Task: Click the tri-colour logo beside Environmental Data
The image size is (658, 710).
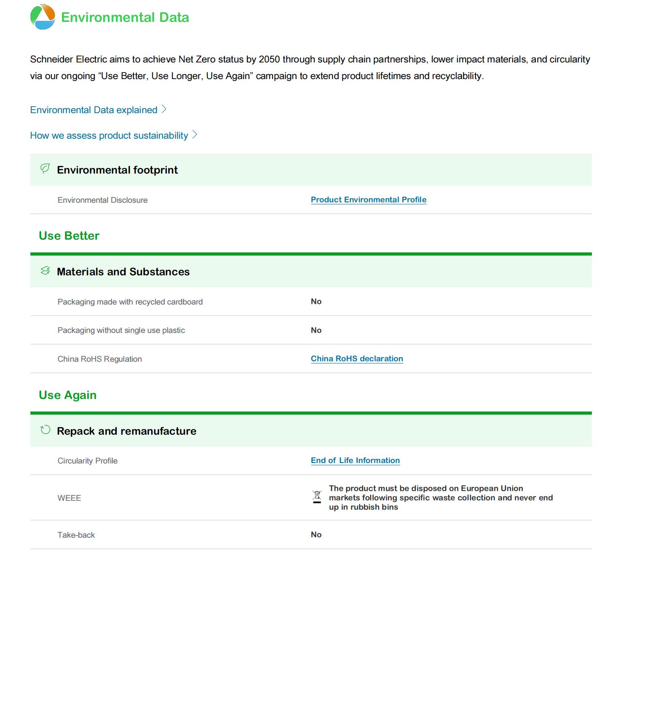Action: tap(43, 17)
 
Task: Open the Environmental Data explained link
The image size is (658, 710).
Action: tap(94, 110)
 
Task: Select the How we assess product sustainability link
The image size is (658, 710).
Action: tap(109, 135)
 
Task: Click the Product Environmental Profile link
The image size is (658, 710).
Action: tap(368, 199)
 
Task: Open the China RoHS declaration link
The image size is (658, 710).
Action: tap(357, 358)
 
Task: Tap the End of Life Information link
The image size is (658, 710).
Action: tap(355, 460)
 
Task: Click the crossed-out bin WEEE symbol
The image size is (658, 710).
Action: tap(317, 497)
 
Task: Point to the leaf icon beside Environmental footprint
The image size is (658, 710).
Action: tap(45, 168)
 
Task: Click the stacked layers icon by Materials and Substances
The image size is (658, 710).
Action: tap(45, 270)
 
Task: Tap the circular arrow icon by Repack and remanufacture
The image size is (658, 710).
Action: tap(45, 430)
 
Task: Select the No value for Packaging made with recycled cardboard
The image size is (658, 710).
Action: tap(316, 301)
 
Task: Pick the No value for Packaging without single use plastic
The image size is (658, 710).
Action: tap(316, 330)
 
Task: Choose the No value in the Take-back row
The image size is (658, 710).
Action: tap(316, 534)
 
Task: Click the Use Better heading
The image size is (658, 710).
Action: tap(69, 236)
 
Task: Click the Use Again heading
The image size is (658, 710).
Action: tap(67, 395)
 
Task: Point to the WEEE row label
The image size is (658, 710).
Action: tap(69, 498)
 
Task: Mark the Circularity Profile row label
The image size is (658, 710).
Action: tap(87, 461)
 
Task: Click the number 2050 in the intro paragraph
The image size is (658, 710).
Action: tap(269, 59)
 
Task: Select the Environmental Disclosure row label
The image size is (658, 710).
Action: tap(102, 200)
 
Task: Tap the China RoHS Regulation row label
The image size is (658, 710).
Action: tap(99, 359)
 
